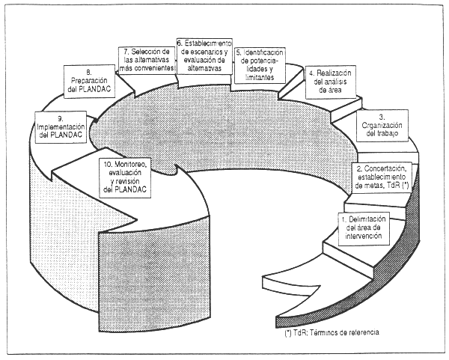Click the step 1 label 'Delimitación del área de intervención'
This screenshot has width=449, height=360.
pos(364,227)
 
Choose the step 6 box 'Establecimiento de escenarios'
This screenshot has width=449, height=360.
pos(204,55)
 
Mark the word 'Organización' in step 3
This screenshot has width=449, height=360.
pos(393,125)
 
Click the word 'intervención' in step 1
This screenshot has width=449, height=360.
pos(364,236)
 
